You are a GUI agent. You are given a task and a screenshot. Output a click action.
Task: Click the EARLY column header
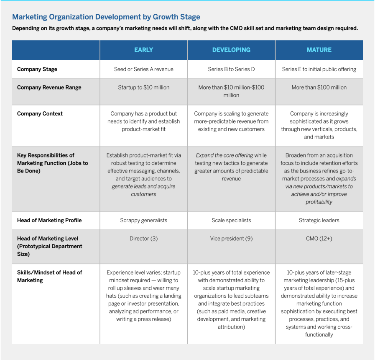pos(143,50)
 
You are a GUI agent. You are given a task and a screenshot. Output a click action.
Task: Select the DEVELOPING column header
pos(231,50)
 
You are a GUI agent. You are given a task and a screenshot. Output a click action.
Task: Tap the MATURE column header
pos(319,50)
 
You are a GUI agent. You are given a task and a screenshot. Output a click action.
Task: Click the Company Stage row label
pos(37,69)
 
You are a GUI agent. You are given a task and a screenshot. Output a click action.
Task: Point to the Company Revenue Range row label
pos(49,87)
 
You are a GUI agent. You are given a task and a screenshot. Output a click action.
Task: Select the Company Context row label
pos(40,113)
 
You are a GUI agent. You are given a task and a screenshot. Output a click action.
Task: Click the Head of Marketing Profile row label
pos(49,220)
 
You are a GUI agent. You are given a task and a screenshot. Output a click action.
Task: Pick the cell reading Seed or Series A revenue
pos(143,69)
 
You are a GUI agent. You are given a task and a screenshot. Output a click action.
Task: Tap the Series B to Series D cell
pos(231,69)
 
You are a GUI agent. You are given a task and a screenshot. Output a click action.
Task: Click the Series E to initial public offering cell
pos(319,69)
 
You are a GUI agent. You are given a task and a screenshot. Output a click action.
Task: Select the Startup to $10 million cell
pos(143,87)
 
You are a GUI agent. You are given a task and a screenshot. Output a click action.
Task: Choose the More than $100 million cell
pos(319,87)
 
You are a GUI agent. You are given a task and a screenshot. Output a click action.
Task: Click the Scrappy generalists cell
pos(143,220)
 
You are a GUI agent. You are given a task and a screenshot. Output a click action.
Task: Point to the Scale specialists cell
pos(231,220)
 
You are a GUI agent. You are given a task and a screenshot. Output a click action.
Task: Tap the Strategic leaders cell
pos(319,220)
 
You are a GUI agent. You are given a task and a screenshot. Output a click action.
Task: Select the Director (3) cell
pos(143,239)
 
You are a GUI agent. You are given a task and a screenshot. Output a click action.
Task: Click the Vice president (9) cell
pos(231,239)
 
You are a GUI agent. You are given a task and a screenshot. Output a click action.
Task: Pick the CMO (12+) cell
pos(319,239)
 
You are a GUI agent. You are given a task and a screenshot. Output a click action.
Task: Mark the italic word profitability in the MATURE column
pos(319,202)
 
